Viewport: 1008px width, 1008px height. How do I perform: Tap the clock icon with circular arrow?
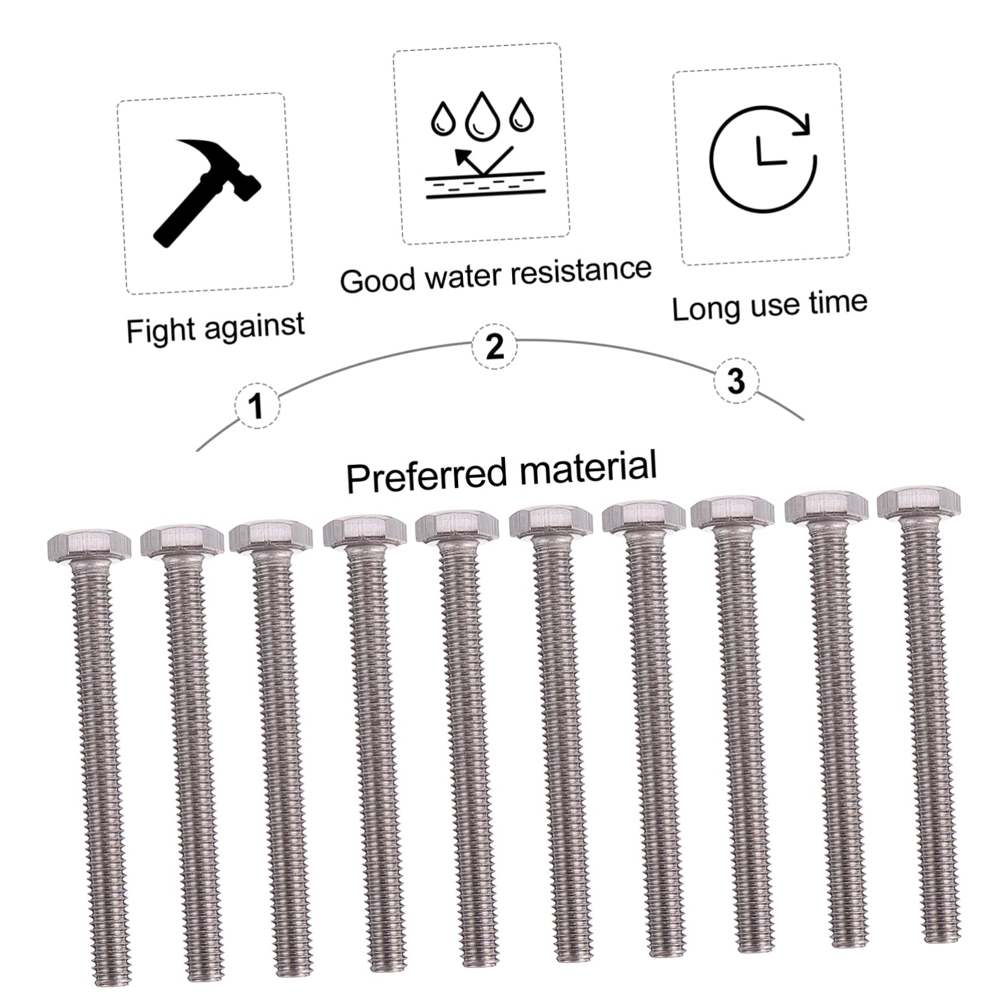[762, 159]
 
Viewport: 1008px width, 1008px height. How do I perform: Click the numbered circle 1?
[257, 405]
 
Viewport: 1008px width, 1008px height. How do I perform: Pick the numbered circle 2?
[494, 346]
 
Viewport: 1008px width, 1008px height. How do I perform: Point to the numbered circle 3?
[736, 380]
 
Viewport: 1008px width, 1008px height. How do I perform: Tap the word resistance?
[581, 271]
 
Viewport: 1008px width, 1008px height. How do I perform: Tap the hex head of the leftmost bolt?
[89, 545]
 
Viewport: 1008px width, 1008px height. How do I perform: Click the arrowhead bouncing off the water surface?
[462, 156]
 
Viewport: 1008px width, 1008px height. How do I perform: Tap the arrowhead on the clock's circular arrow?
[803, 125]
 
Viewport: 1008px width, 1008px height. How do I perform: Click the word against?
[255, 326]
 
